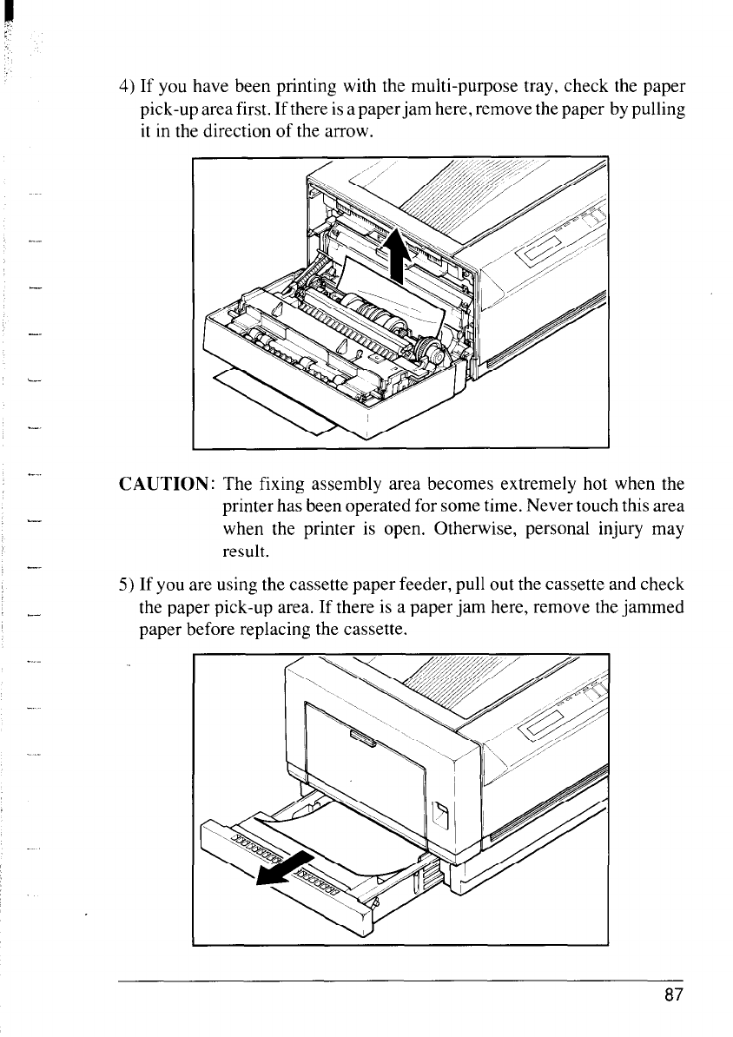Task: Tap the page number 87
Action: click(675, 994)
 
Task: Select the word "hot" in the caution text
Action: click(586, 483)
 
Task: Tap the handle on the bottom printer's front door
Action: click(360, 741)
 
